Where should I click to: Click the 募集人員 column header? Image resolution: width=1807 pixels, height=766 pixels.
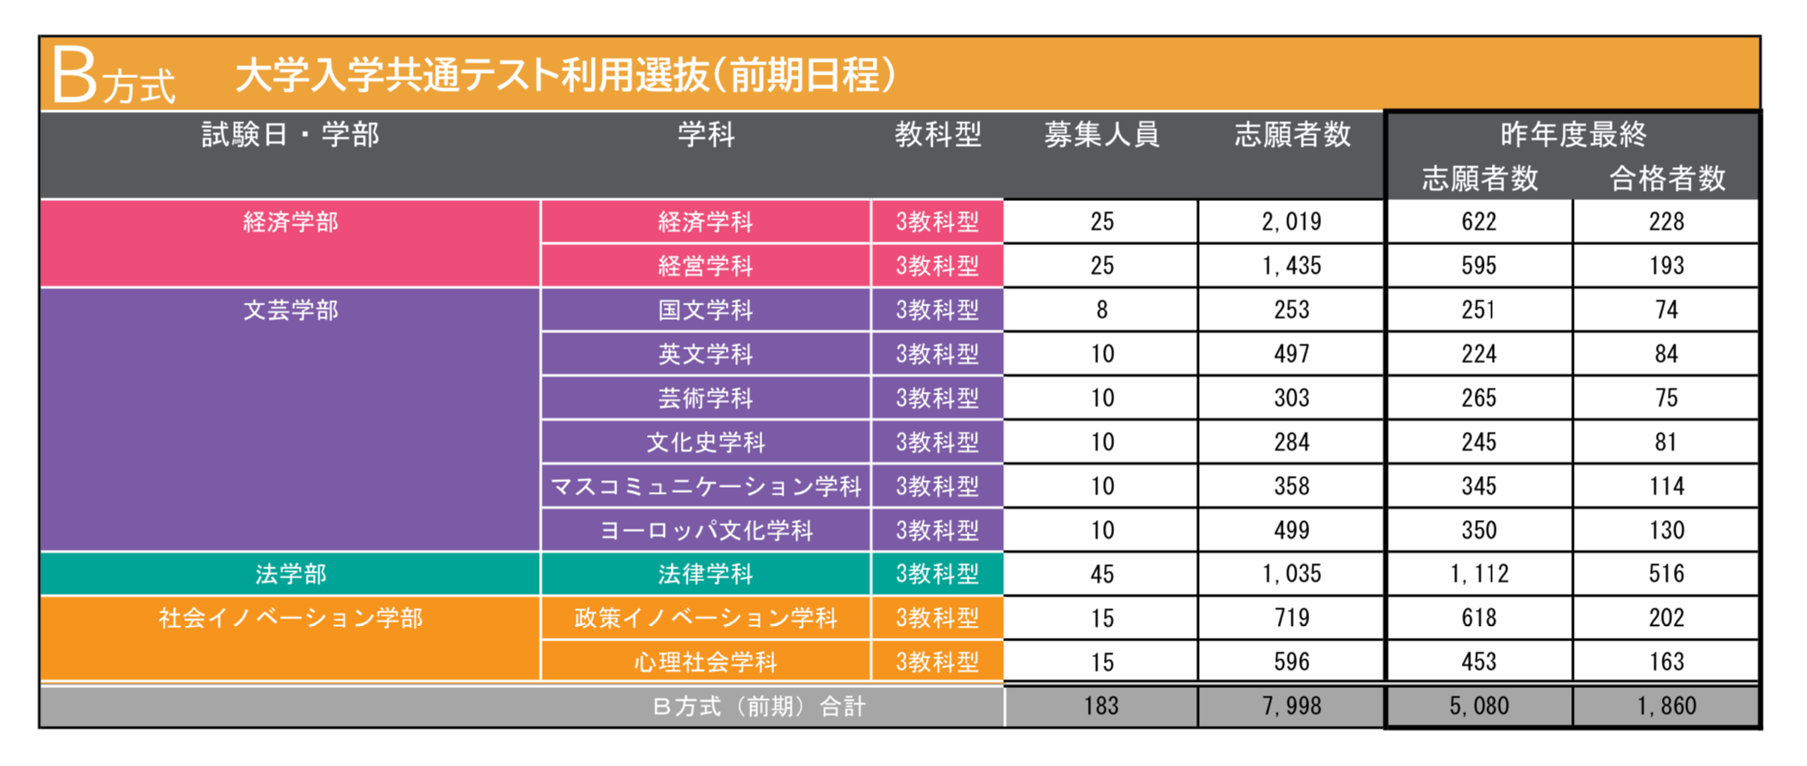click(1101, 134)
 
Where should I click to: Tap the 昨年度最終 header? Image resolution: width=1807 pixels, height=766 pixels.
click(1573, 134)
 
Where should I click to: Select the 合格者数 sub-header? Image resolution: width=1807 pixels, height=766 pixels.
click(1667, 178)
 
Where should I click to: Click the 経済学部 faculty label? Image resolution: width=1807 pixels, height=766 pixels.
click(290, 222)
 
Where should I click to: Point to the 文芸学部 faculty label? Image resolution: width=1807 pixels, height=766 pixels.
click(290, 310)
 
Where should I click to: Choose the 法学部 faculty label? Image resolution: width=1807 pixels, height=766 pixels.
click(290, 574)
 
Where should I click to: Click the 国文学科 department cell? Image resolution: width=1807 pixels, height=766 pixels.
click(706, 310)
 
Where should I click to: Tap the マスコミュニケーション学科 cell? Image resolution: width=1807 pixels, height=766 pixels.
click(706, 487)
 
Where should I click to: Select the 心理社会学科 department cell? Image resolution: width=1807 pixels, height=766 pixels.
click(706, 663)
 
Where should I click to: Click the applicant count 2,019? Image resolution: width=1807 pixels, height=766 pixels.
click(1291, 222)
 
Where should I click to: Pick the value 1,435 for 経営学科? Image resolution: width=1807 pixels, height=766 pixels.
click(1291, 266)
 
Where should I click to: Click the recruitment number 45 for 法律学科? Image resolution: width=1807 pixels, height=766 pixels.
click(1101, 574)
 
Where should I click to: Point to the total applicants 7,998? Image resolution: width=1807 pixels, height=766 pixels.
click(1291, 706)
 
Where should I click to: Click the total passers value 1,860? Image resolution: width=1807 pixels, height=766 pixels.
click(1666, 706)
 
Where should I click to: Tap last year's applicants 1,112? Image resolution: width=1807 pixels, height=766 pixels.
click(1479, 574)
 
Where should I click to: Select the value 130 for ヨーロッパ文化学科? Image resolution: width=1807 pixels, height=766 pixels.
click(1666, 530)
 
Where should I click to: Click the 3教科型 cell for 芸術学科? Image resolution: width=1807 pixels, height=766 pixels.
click(937, 399)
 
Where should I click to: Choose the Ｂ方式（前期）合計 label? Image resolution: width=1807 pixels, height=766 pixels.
click(759, 707)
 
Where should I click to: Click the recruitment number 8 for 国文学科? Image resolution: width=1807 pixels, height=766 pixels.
click(1101, 310)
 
